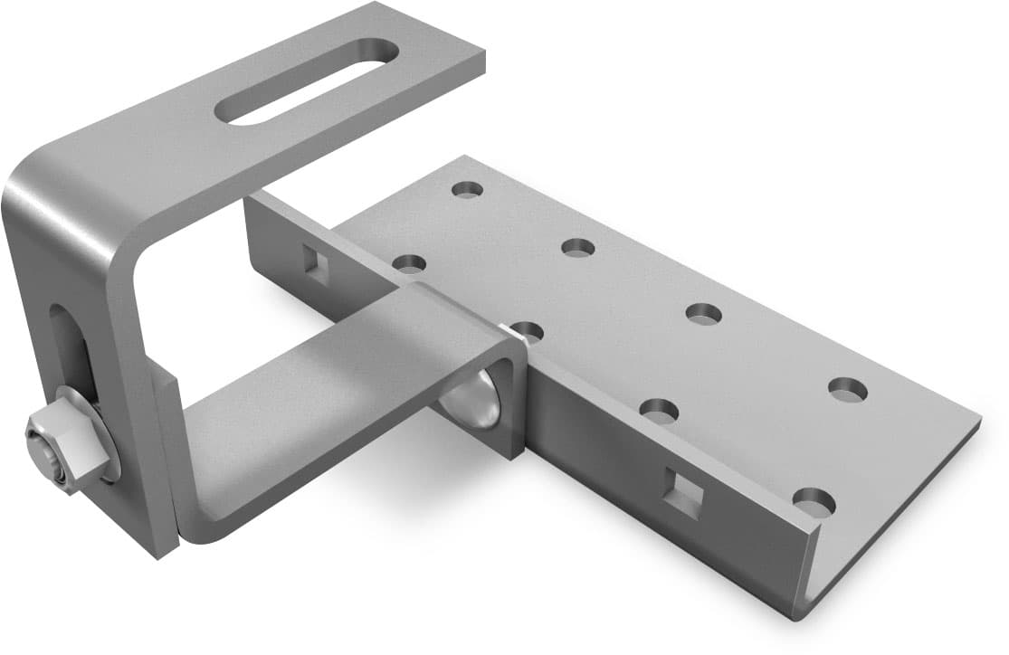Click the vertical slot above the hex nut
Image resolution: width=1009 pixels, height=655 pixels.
(72, 348)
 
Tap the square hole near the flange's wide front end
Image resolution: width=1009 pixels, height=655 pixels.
(683, 492)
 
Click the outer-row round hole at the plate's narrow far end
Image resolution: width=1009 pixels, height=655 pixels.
(467, 189)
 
